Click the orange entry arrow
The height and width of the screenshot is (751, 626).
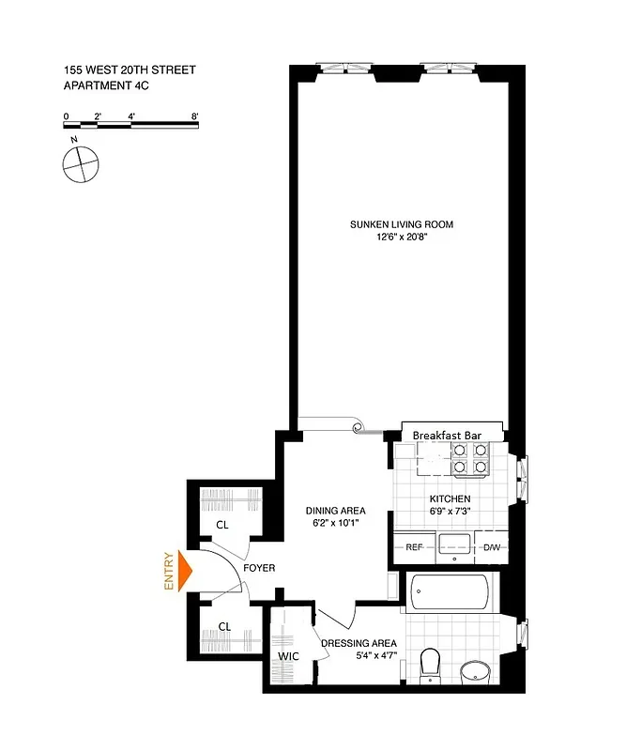pos(186,571)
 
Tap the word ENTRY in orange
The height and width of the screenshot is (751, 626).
pos(170,571)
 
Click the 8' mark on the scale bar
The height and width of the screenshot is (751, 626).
pos(194,115)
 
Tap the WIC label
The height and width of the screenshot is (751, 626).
pos(287,656)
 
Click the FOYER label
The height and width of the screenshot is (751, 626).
pos(259,568)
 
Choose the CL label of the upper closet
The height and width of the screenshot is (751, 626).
pos(222,525)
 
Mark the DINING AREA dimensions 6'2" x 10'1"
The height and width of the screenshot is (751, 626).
pos(334,524)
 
